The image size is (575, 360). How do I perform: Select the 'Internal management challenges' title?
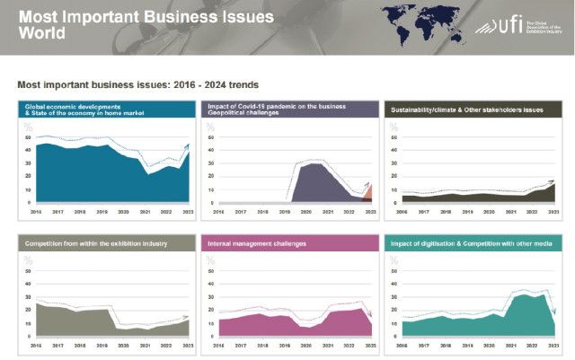(x=257, y=244)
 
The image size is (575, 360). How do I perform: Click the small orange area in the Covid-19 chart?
(x=367, y=195)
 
